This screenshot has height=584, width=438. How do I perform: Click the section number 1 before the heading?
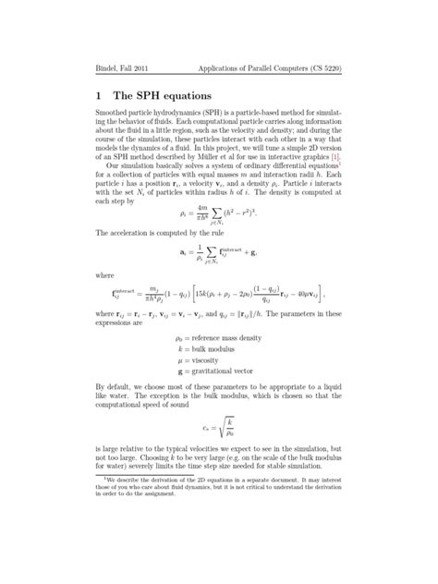click(99, 96)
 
